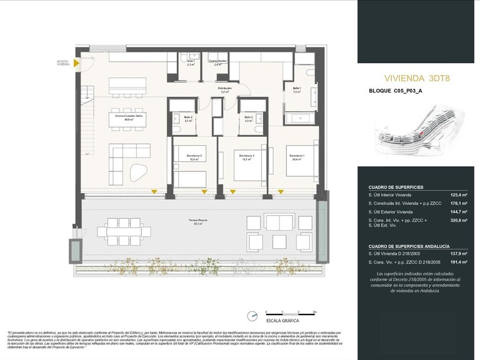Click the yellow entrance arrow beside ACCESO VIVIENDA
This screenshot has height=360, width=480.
point(75,63)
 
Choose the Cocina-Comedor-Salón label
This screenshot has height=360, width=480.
point(127,117)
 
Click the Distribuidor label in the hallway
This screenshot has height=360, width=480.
point(225,90)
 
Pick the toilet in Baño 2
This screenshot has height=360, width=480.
point(177,129)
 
